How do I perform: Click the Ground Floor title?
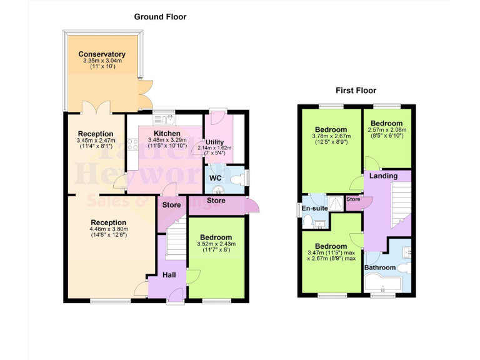160,17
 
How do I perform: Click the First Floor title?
357,90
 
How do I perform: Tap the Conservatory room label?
102,54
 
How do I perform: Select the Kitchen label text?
167,133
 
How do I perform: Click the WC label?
216,178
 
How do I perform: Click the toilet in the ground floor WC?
236,179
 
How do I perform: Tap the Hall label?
169,274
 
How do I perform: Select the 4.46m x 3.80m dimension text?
108,229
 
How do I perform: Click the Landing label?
383,176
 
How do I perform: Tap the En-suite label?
314,208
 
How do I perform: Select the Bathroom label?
380,267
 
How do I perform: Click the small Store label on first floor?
353,199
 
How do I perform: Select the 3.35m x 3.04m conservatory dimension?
102,61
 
